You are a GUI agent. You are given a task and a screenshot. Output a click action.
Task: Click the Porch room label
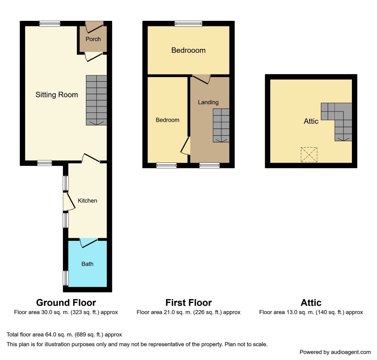(93, 39)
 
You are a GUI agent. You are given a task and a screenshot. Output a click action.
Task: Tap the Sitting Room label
(57, 95)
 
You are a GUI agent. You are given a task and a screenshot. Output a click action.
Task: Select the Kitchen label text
(87, 200)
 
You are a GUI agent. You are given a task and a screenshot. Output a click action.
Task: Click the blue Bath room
(88, 263)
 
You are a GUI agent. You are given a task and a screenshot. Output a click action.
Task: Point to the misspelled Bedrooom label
(188, 50)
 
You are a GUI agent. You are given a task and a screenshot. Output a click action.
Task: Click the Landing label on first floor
(208, 102)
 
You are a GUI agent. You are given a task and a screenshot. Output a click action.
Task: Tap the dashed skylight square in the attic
(309, 155)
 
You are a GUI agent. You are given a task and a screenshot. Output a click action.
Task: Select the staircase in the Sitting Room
(97, 100)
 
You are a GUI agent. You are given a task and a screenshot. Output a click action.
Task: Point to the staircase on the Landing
(221, 126)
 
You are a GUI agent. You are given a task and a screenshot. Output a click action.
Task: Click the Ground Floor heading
(66, 303)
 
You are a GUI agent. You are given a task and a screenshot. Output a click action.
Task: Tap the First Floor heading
(188, 303)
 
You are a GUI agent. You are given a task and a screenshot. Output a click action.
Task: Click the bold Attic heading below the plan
(311, 303)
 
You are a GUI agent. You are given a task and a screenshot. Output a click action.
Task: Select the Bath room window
(66, 278)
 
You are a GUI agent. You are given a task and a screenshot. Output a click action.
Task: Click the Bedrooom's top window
(188, 23)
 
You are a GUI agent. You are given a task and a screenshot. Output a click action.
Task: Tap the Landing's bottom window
(209, 165)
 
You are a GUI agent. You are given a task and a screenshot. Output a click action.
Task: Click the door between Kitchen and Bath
(89, 243)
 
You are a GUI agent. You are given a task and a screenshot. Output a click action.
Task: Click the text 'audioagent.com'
(351, 352)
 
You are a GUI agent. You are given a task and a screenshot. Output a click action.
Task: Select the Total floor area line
(64, 334)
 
